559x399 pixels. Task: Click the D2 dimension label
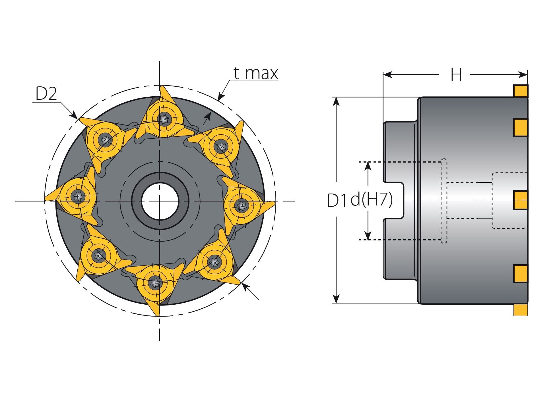(x=46, y=93)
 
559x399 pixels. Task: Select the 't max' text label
(x=255, y=73)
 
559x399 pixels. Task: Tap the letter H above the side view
(x=456, y=75)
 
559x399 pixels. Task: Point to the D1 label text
(x=338, y=200)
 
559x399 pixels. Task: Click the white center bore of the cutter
(x=160, y=201)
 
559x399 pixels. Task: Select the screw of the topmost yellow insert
(x=164, y=119)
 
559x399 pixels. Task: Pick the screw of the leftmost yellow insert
(x=78, y=196)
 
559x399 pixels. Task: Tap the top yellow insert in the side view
(x=521, y=91)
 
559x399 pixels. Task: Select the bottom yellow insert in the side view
(x=521, y=310)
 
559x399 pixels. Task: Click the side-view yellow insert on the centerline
(x=521, y=200)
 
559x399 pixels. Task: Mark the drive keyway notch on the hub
(x=394, y=200)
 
